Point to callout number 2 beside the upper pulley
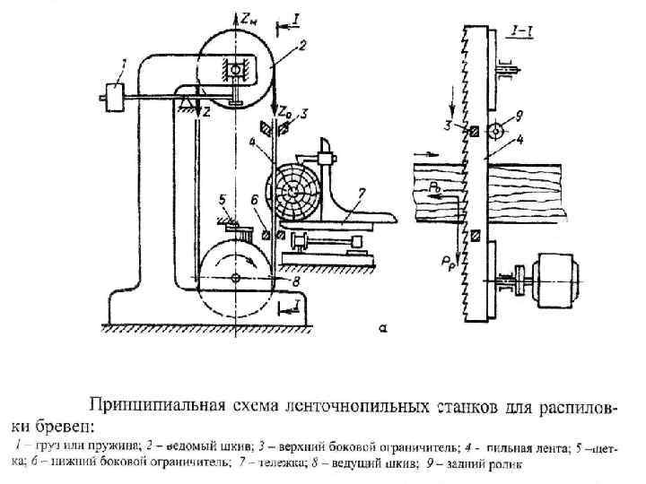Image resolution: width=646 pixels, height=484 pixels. pos(305,42)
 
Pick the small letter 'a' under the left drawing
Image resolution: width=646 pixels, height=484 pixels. pos(383,329)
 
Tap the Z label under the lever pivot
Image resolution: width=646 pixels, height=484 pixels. pos(205,114)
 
